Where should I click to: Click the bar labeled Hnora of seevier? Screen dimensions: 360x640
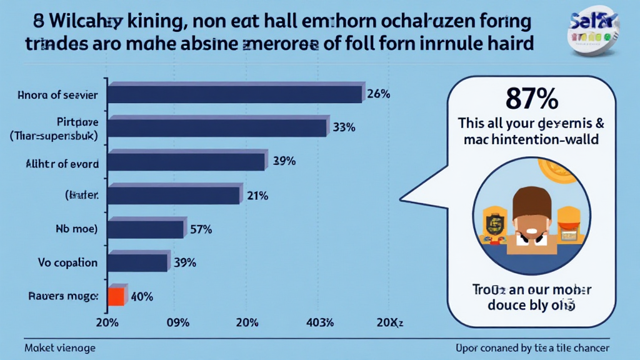pos(234,94)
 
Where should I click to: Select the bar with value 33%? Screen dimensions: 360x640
pos(217,127)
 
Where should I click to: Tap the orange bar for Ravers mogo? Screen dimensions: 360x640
pos(116,296)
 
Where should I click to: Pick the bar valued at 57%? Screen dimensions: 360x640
pos(146,229)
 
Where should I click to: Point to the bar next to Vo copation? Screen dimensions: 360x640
pos(138,262)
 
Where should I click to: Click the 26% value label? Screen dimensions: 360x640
pos(379,94)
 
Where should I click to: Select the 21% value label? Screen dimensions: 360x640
pos(256,195)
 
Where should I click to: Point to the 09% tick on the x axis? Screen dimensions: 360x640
pos(178,322)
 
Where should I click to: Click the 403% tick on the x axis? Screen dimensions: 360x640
pos(319,322)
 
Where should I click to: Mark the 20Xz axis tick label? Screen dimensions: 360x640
pos(389,322)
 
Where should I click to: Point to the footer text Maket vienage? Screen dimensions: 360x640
pos(60,347)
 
